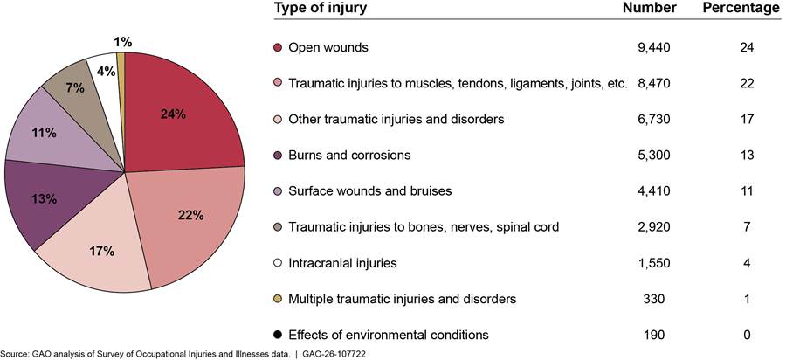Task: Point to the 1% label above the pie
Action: click(x=123, y=43)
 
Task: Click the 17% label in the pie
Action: click(x=102, y=251)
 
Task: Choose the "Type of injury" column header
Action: click(x=321, y=8)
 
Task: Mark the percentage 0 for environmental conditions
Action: click(x=748, y=335)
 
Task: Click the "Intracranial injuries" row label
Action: click(x=343, y=263)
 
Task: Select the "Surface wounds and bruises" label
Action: click(x=370, y=191)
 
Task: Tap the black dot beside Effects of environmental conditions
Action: click(x=279, y=335)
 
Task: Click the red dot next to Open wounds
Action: click(x=279, y=48)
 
